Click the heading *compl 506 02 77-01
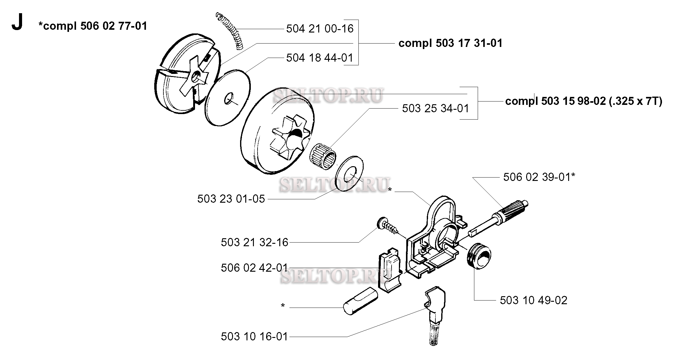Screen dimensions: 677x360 click(x=93, y=26)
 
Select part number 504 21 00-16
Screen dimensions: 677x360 click(x=320, y=29)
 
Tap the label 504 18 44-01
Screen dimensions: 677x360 click(x=320, y=58)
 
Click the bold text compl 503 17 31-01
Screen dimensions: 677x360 click(x=450, y=43)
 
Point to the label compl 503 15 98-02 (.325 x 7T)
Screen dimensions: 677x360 click(x=583, y=101)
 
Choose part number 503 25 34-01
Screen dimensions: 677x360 click(x=436, y=108)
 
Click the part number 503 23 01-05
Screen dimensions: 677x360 click(x=231, y=199)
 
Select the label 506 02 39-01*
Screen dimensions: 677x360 click(x=539, y=177)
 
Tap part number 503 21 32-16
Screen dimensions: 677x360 click(x=254, y=242)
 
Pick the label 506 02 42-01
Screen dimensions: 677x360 click(x=254, y=268)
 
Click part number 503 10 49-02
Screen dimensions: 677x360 click(x=534, y=300)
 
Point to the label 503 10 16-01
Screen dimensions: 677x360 click(x=254, y=336)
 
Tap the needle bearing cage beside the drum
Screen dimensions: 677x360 click(x=323, y=157)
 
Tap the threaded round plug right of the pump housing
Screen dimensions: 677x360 click(x=479, y=256)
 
